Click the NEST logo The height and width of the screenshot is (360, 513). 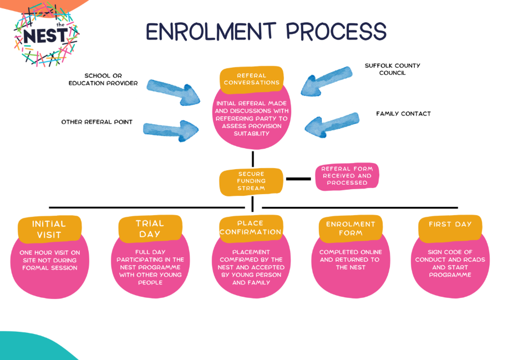46,35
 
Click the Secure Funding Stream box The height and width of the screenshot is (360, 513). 251,181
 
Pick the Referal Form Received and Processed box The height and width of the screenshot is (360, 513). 347,176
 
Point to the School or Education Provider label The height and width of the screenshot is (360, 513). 103,79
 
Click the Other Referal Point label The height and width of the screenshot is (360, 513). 96,122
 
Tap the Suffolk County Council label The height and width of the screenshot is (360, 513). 392,69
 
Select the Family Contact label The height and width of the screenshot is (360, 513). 403,114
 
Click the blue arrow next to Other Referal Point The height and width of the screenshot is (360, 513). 170,130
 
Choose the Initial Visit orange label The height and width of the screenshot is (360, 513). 49,229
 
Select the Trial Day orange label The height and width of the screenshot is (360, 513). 150,229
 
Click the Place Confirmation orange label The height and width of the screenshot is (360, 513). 251,227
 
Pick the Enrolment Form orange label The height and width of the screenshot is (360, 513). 351,229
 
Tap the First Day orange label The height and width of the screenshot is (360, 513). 450,225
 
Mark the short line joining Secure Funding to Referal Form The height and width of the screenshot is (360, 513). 298,179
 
